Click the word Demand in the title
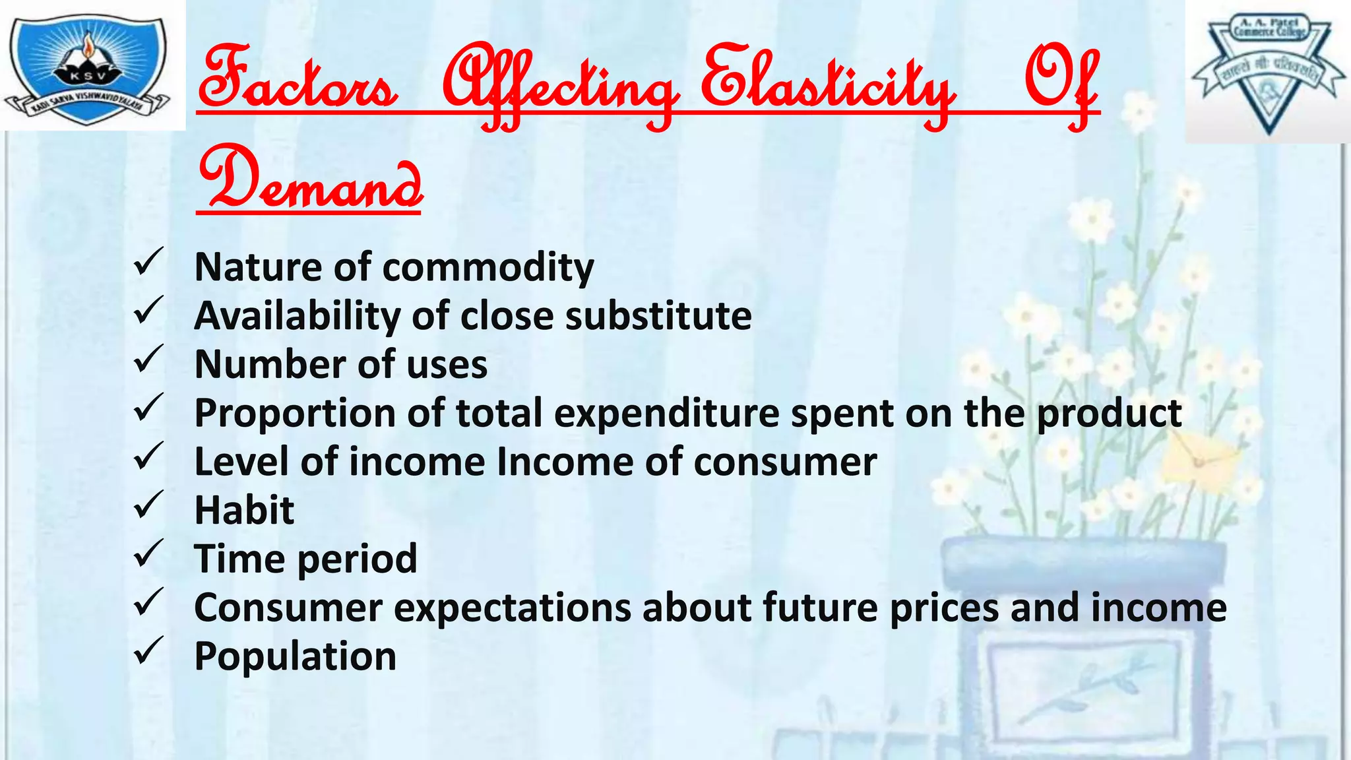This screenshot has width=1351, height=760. (310, 178)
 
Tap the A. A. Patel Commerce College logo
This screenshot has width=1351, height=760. (1268, 71)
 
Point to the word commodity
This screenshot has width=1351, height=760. (488, 268)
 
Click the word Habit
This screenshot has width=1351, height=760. (244, 511)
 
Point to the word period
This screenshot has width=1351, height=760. (357, 559)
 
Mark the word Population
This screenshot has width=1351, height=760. (295, 656)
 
